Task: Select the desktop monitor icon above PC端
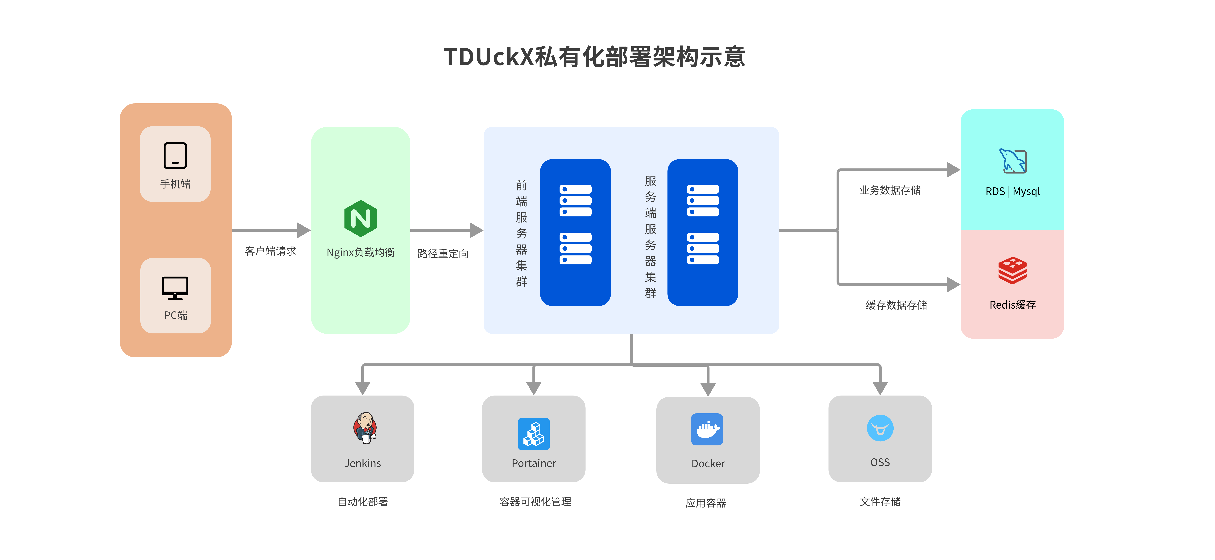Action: pos(175,288)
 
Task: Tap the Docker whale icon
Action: pos(707,429)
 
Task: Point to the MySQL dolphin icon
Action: pos(1013,161)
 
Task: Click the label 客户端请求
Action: pos(270,251)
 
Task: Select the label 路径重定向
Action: pos(443,254)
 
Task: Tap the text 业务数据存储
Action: pos(890,190)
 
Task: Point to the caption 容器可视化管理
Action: pos(535,501)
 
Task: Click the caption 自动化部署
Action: pos(363,501)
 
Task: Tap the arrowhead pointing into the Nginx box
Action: pos(304,230)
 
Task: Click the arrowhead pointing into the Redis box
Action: pos(953,284)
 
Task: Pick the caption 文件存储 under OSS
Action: pos(880,501)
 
